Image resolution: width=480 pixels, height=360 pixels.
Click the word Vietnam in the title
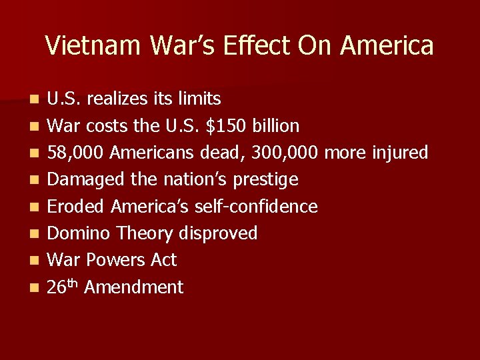coord(93,45)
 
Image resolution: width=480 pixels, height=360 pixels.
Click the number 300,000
coord(285,153)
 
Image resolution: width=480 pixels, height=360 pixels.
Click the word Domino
coord(80,233)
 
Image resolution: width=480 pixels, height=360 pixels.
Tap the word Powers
coord(116,260)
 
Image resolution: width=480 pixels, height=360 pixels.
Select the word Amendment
coord(134,287)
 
